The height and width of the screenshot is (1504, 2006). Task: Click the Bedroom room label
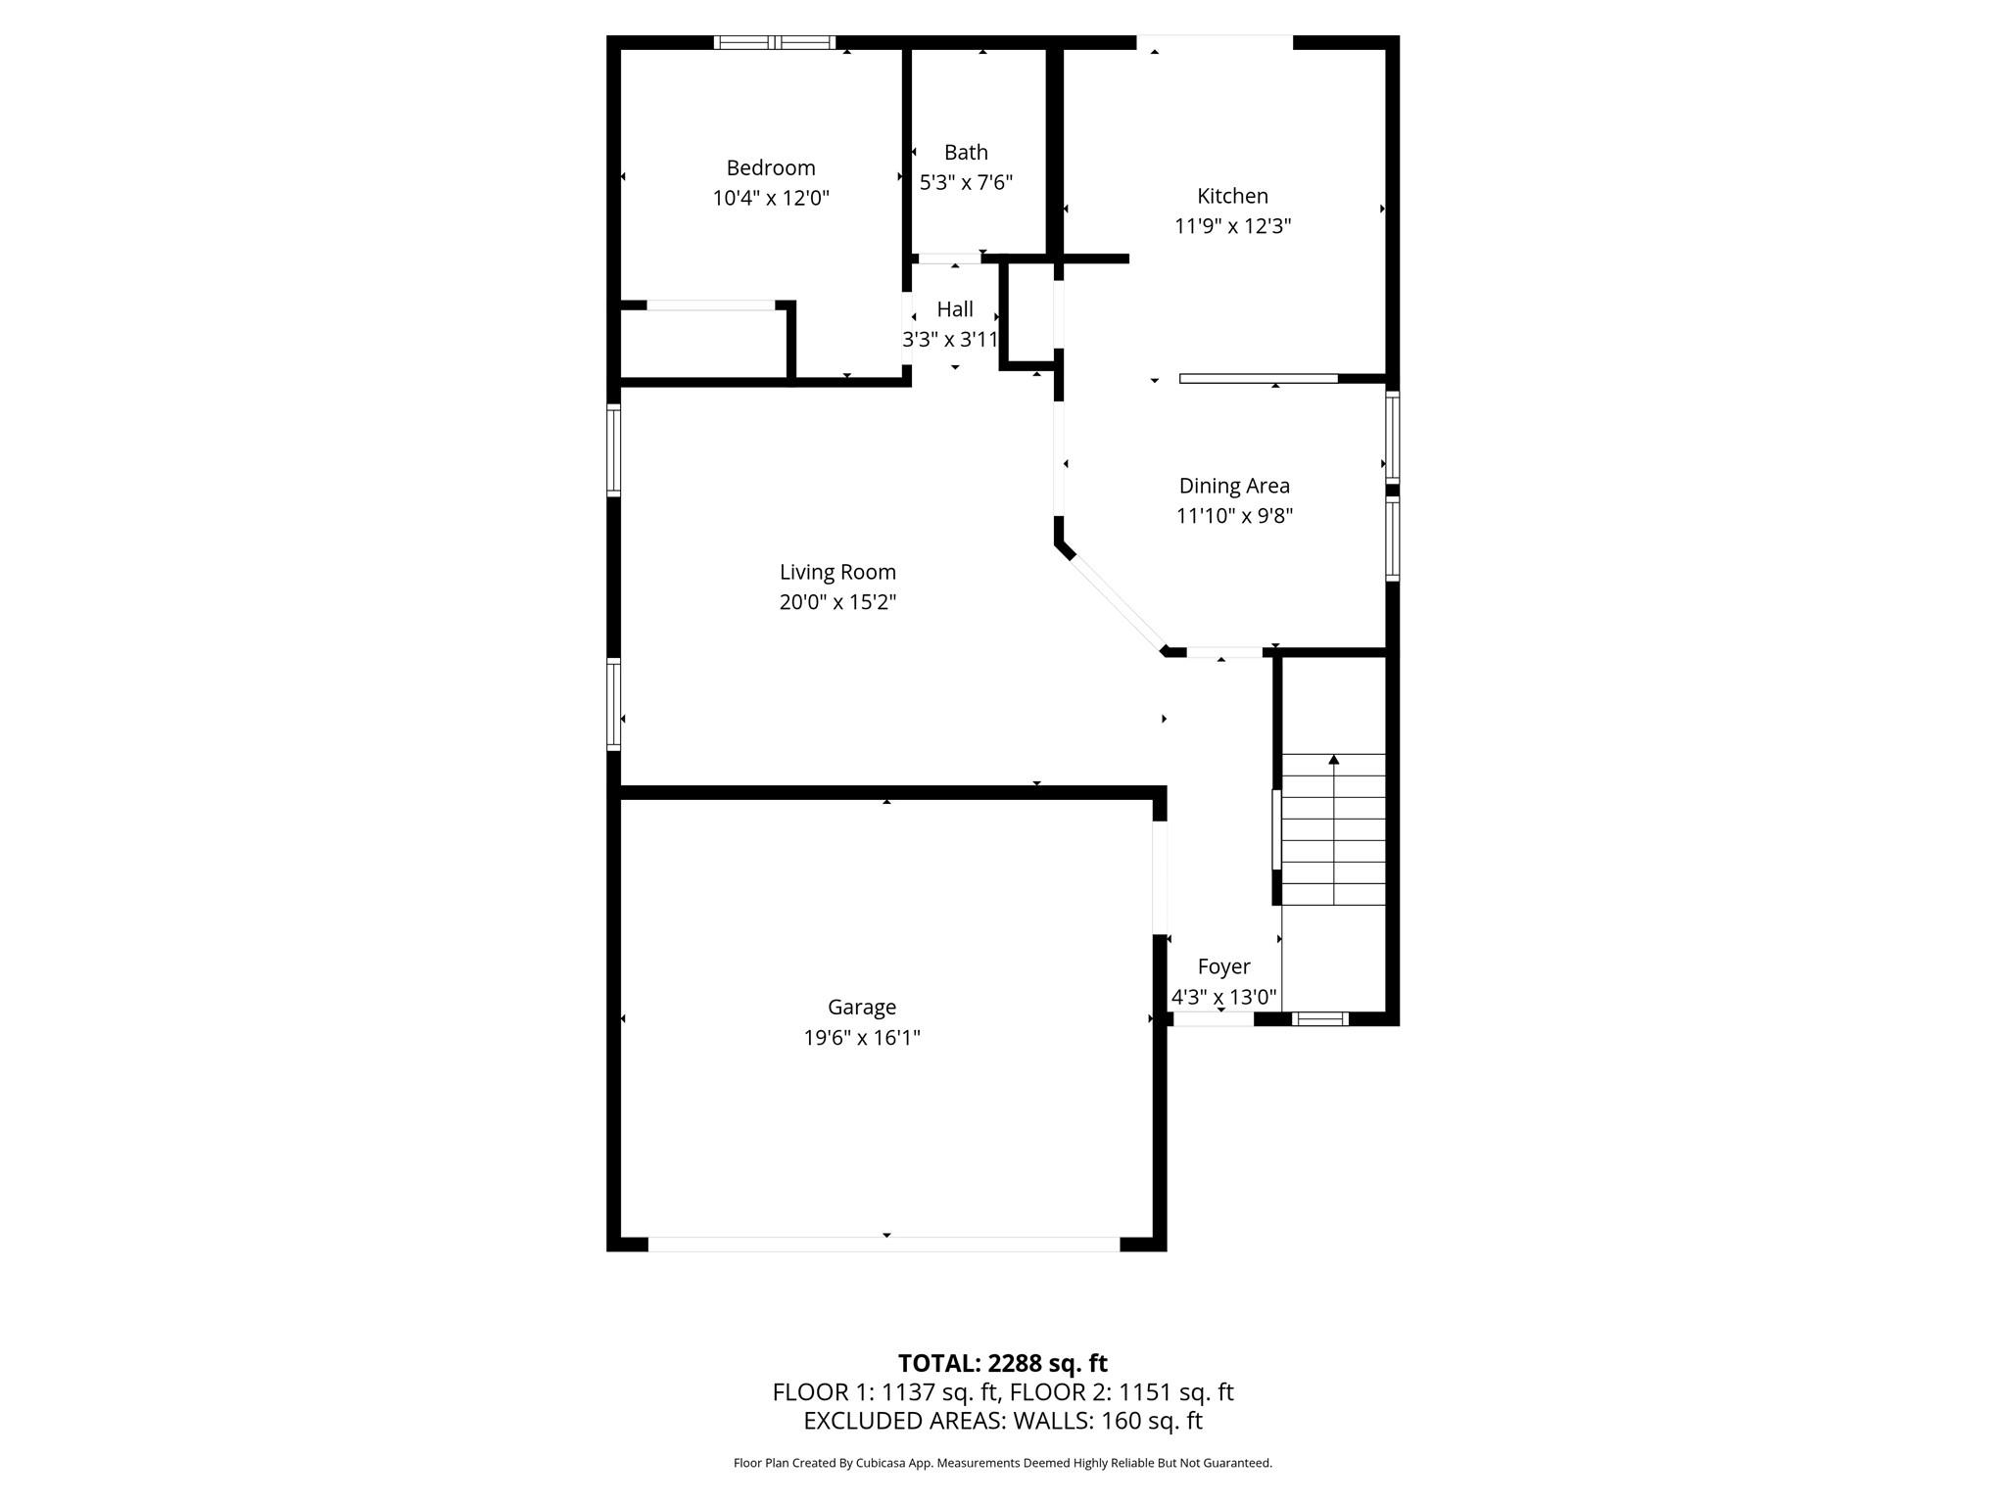[x=771, y=167]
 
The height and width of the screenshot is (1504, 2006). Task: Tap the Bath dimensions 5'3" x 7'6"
[x=966, y=182]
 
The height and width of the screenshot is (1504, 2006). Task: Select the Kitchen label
[x=1232, y=196]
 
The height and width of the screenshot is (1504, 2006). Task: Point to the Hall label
[x=955, y=309]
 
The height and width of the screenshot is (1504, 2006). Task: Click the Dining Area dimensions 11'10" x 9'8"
[x=1234, y=516]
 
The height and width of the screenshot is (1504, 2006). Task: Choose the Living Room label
[x=837, y=572]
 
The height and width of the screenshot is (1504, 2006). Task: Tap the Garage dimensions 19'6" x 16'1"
[x=862, y=1038]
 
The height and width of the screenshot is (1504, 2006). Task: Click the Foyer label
[x=1223, y=966]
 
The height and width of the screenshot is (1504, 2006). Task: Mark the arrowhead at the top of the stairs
[x=1333, y=759]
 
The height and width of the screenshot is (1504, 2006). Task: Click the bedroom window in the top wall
[x=774, y=42]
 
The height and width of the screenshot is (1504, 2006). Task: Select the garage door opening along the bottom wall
[x=884, y=1244]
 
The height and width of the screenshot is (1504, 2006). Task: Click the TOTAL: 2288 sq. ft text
[x=1002, y=1363]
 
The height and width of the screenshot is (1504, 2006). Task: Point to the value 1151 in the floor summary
[x=1145, y=1392]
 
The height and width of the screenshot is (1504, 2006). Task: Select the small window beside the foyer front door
[x=1320, y=1019]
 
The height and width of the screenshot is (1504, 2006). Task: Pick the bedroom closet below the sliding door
[x=703, y=344]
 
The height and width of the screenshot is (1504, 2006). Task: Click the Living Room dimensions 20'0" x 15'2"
[x=837, y=602]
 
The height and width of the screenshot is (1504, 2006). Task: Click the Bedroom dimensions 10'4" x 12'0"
[x=771, y=199]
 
